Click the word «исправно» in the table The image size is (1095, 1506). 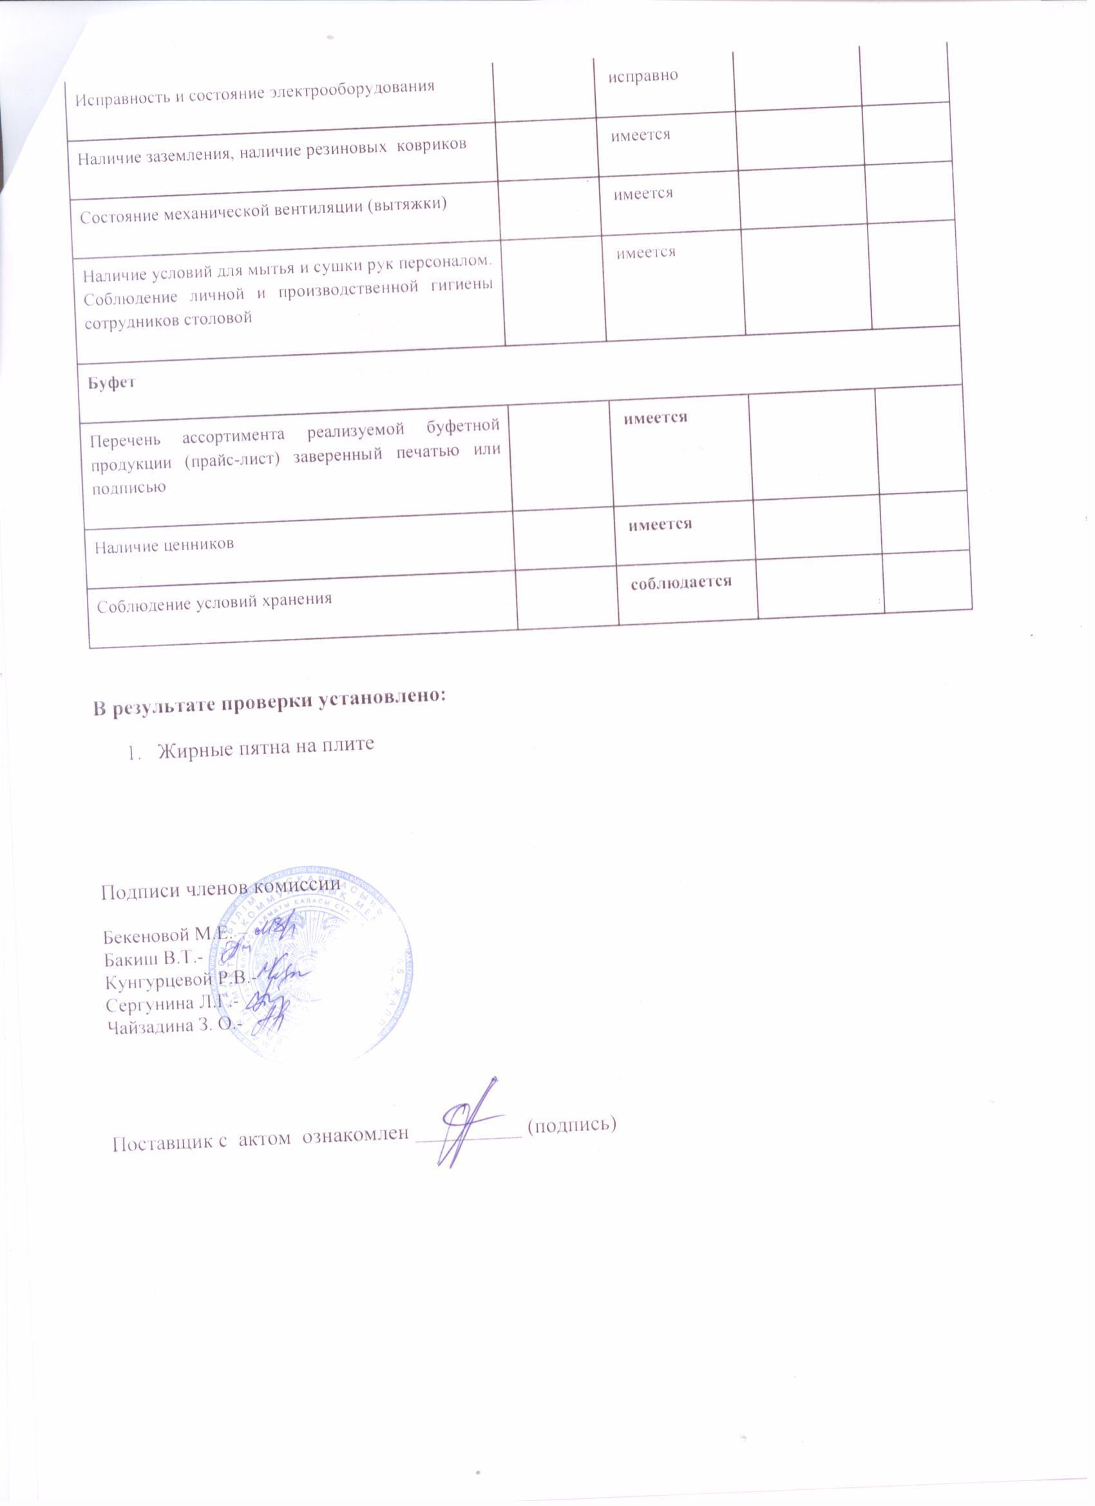pos(643,76)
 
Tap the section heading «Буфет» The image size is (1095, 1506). pos(111,383)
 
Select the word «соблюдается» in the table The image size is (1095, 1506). pos(681,582)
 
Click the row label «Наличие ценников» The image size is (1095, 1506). pos(164,545)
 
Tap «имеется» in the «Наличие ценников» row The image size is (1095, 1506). pos(660,524)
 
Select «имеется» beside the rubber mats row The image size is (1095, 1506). pos(641,135)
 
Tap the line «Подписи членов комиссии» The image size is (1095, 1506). pos(220,888)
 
